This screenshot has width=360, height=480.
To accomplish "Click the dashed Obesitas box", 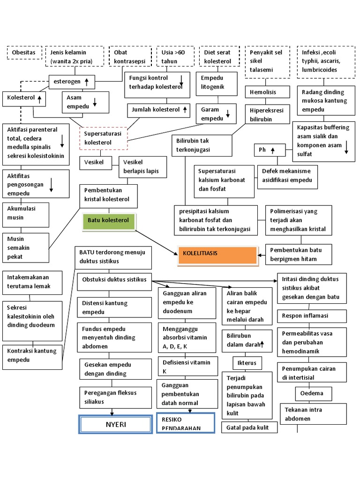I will point(24,52).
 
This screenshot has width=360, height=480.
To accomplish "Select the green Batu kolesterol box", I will point(108,220).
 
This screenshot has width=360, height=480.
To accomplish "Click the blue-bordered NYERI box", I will point(115,425).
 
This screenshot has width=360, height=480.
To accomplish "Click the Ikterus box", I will point(247,363).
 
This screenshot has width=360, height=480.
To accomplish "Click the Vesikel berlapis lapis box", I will point(142,166).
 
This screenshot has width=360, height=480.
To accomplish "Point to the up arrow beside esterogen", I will point(87,82).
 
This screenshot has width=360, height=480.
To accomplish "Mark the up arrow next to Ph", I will point(272,150).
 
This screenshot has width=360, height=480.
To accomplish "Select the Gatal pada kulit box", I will point(249,427).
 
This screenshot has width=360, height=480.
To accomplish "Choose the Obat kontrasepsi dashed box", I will point(129,57).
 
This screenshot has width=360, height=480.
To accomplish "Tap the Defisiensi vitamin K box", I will point(187,367).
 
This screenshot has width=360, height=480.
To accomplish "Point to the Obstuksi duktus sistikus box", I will point(115,280).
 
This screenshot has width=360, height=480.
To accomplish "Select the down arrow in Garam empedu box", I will point(228,113).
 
